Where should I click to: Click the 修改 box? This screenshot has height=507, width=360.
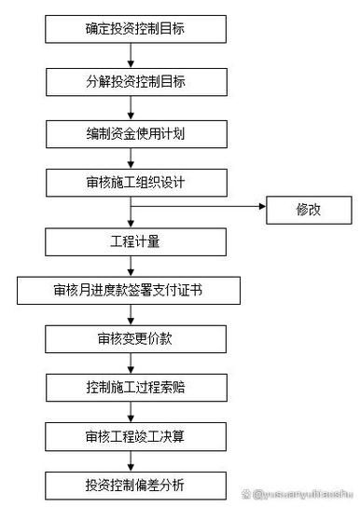[x=308, y=210]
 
